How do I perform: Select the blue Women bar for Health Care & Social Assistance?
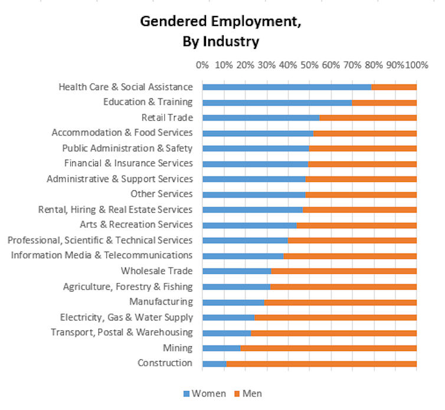(287, 87)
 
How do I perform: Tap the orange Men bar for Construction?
(321, 363)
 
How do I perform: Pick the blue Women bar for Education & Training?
(277, 102)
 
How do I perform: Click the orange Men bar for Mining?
(328, 348)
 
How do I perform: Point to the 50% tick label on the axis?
(309, 65)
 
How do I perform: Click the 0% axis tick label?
(202, 65)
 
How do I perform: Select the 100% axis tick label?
(416, 65)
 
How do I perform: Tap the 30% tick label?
(266, 65)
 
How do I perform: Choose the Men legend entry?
(248, 394)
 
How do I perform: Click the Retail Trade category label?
(167, 117)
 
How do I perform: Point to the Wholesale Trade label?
(156, 271)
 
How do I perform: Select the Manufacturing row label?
(161, 302)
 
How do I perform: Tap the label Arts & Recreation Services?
(136, 224)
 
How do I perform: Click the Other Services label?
(161, 194)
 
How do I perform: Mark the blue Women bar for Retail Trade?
(261, 118)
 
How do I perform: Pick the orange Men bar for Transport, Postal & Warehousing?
(333, 333)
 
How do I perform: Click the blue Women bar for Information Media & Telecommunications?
(243, 256)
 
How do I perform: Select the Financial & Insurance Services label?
(127, 163)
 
